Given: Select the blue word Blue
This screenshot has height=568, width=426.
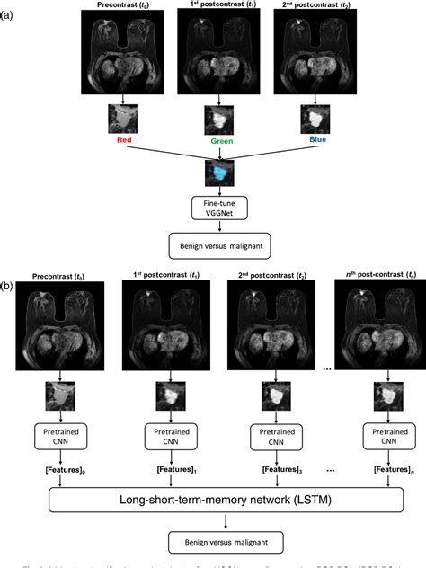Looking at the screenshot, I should [x=308, y=141].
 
